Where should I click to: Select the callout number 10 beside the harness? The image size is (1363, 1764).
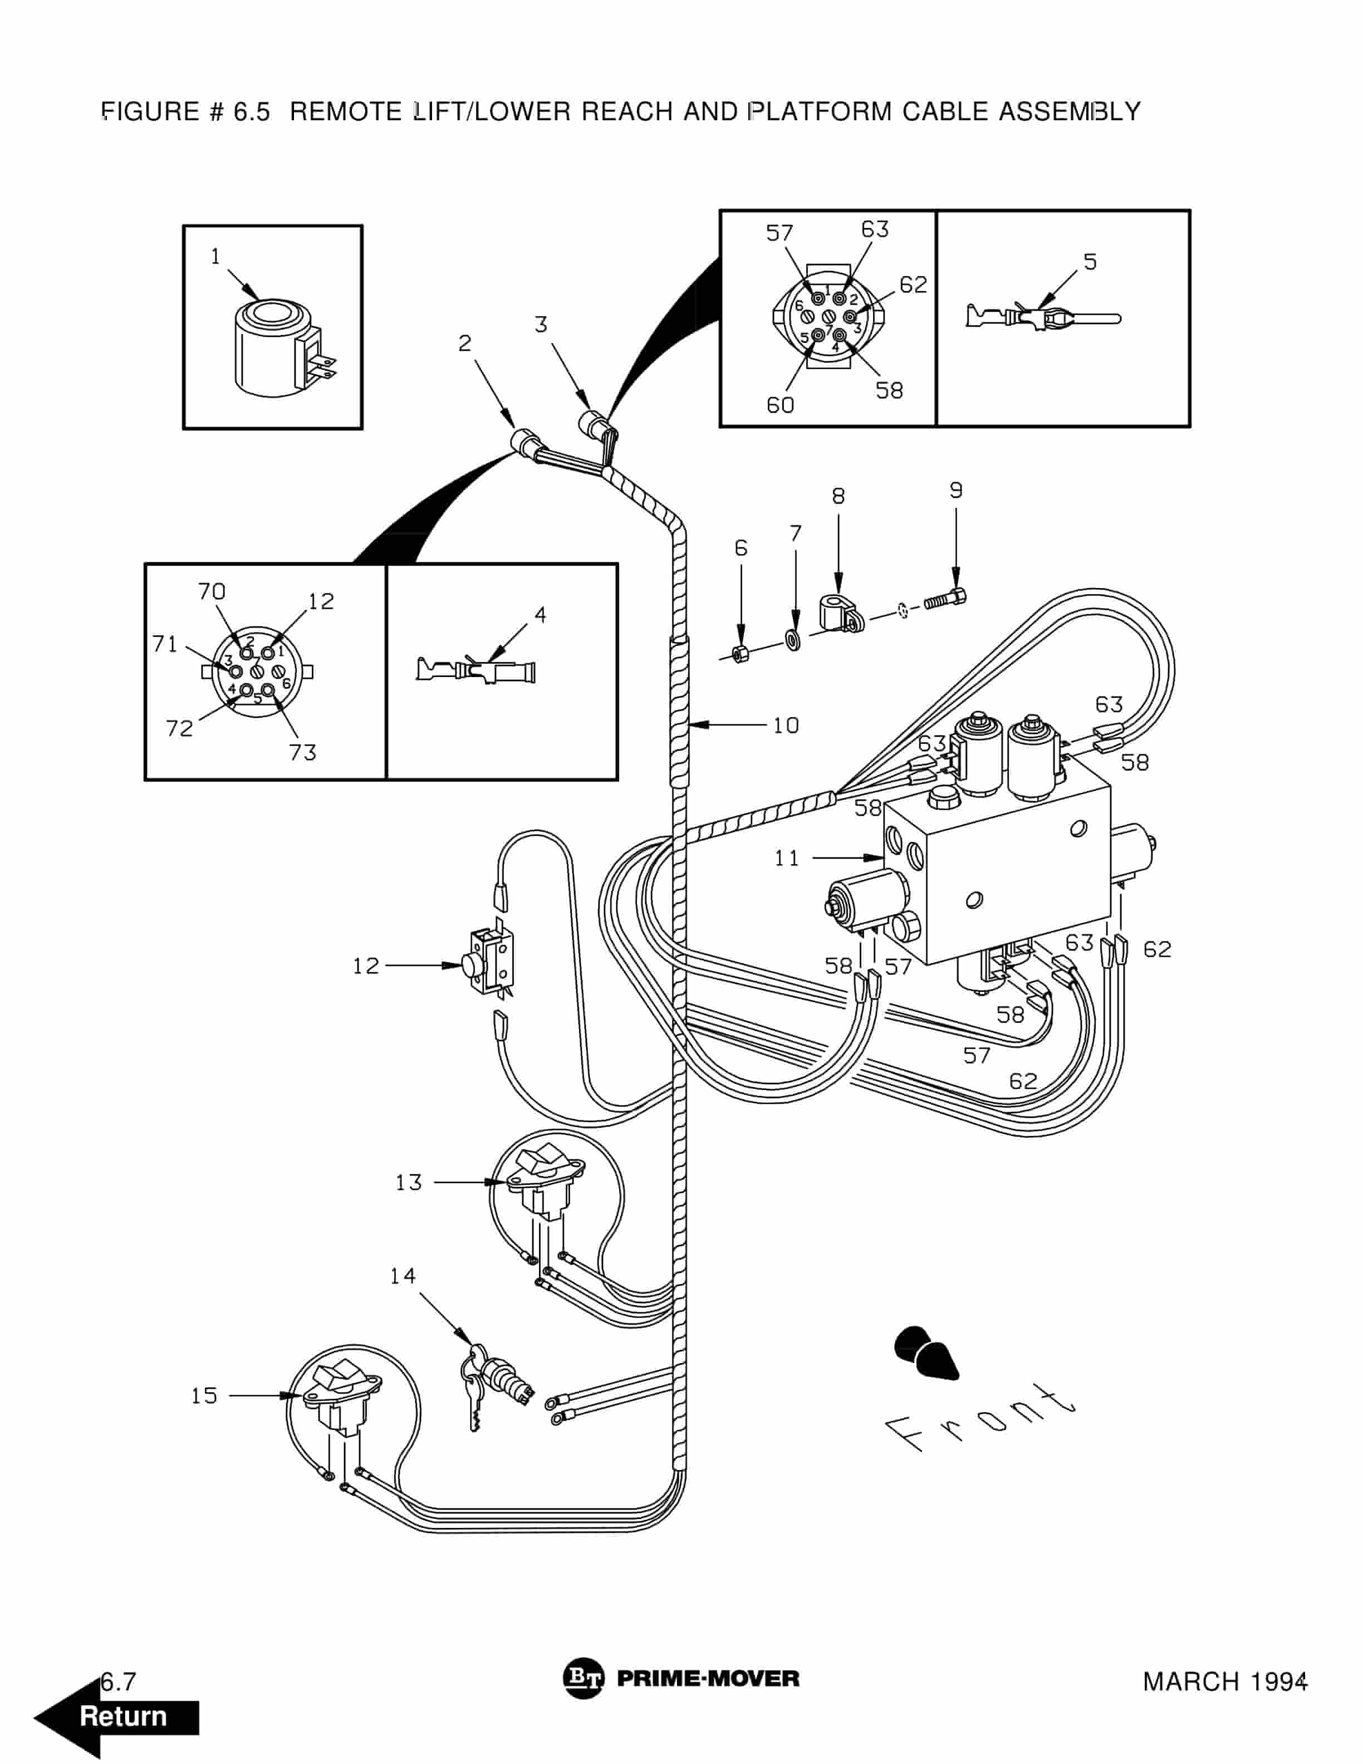point(785,726)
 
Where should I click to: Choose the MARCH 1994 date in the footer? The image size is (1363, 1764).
point(1224,1682)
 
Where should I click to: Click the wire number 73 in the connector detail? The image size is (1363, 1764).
point(303,753)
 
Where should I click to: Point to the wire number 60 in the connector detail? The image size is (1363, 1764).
point(780,405)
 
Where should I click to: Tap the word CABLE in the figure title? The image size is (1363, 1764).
point(945,111)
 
